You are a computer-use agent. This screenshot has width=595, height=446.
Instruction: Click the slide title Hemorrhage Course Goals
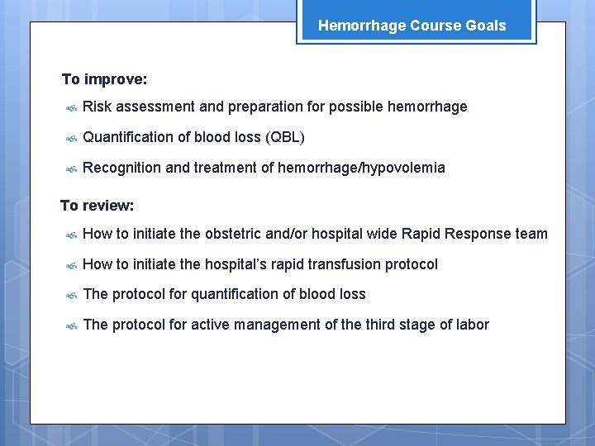point(412,26)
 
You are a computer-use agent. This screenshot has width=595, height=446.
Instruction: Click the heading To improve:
point(105,80)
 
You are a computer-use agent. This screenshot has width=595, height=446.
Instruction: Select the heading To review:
point(97,206)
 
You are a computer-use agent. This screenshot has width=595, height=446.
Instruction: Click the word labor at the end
point(471,325)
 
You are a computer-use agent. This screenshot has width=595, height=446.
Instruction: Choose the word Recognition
point(122,168)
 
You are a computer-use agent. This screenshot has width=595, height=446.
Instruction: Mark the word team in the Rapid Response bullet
point(531,234)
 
